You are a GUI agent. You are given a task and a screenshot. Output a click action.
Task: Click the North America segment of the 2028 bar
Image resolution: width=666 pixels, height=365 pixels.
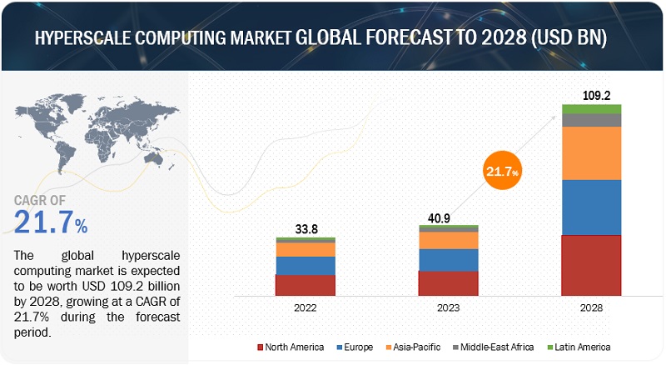tap(591, 265)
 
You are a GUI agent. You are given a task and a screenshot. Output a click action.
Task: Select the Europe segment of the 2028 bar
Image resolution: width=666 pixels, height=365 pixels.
tap(591, 207)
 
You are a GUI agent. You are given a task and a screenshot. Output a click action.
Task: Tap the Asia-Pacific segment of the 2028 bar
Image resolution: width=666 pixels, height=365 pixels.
tap(591, 152)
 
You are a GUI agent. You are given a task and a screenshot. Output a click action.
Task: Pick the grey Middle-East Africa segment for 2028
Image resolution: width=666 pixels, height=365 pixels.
tap(591, 120)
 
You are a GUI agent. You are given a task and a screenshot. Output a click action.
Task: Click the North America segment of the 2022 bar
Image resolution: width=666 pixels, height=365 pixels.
tap(306, 284)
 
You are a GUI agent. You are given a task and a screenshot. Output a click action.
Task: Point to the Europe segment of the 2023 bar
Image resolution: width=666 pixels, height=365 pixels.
tap(448, 260)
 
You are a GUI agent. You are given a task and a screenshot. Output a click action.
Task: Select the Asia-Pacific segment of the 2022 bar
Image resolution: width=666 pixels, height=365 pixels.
tap(306, 249)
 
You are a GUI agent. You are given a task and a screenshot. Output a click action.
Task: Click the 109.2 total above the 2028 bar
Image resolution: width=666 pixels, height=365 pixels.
tap(592, 96)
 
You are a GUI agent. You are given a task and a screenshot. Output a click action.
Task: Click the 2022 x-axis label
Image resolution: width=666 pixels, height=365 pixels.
tap(306, 307)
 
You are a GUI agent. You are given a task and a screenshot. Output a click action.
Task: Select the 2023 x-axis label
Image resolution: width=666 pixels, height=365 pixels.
tap(448, 307)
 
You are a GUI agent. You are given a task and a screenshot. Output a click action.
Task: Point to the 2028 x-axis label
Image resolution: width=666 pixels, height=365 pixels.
tap(591, 307)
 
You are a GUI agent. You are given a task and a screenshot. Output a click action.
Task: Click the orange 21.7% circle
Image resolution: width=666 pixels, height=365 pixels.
tap(499, 172)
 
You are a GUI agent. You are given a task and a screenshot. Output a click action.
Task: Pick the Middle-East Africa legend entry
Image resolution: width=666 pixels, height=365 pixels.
tap(492, 346)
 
